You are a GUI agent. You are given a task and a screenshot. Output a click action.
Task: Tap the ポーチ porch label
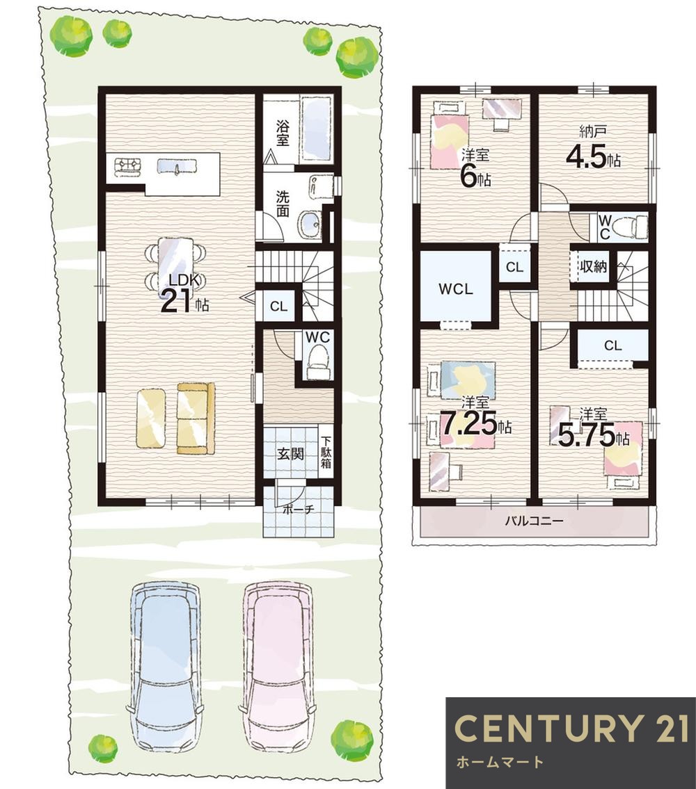tap(299, 509)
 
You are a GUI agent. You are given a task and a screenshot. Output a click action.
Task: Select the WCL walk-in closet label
tap(456, 288)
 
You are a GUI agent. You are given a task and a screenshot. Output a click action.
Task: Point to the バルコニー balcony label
tap(535, 520)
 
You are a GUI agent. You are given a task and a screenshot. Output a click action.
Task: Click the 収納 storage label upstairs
tap(593, 266)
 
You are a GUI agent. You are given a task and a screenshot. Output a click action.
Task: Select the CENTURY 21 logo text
tap(571, 727)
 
